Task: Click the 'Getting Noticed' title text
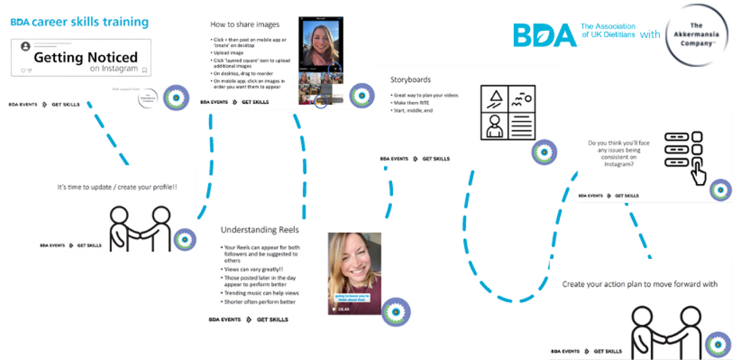[86, 56]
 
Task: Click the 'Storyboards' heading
[410, 80]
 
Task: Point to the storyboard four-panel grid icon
[507, 112]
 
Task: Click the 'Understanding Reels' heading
[259, 229]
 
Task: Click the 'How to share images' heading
[244, 24]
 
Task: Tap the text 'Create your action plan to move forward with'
[639, 284]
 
